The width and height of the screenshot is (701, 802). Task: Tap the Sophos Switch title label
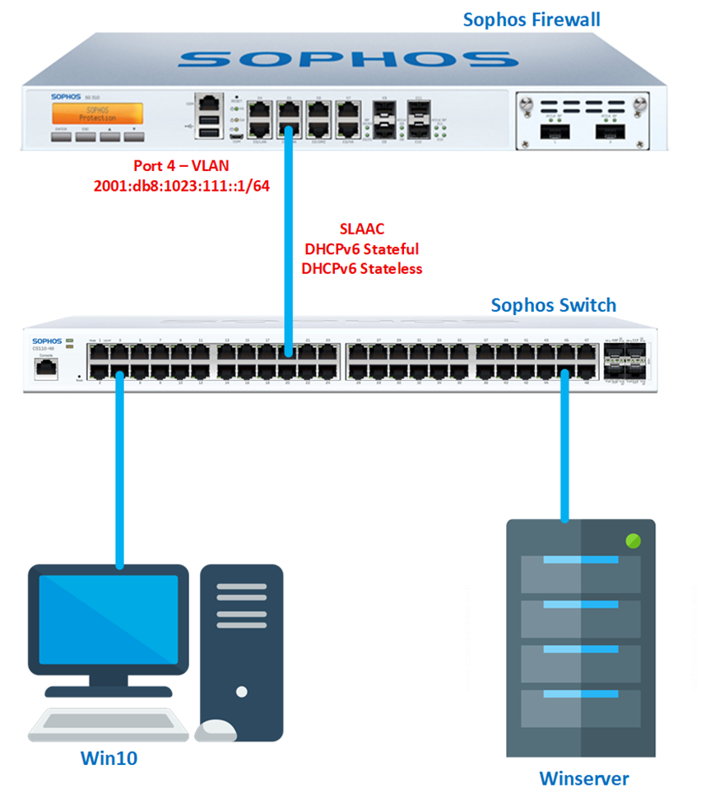[553, 305]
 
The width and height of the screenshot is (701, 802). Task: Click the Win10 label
[108, 758]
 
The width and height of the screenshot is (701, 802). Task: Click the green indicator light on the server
[633, 541]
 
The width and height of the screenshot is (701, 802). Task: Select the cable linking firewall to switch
[289, 247]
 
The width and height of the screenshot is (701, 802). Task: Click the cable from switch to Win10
[120, 469]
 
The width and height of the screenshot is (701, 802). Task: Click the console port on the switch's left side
[42, 368]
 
